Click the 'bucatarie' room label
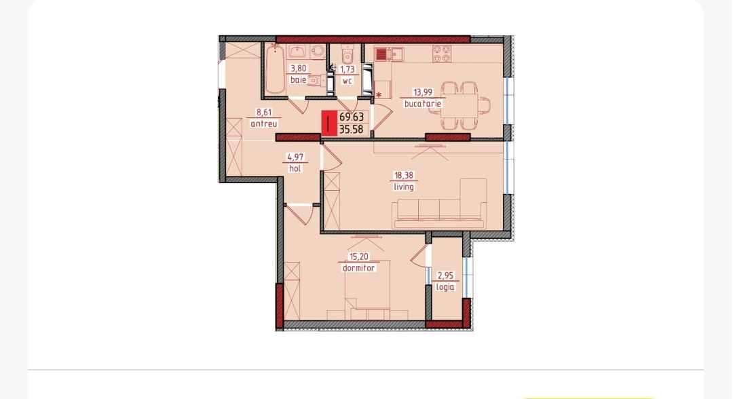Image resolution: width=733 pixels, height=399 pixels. point(423,104)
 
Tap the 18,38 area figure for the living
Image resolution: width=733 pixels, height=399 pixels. point(404,176)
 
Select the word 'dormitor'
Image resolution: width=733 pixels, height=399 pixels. point(358,268)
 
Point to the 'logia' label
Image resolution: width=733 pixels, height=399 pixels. point(445,287)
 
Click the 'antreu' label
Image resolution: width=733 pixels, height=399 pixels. point(263,123)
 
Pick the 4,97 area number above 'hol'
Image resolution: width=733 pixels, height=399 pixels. point(295,157)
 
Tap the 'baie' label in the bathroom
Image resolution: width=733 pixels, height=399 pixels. point(298,80)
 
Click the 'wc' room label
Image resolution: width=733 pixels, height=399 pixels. point(347,81)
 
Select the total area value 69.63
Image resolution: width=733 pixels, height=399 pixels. point(352,117)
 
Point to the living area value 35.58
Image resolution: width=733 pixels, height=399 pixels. point(351,130)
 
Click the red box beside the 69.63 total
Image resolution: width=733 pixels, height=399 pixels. point(329,123)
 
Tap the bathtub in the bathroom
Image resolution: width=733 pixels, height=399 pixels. point(275,70)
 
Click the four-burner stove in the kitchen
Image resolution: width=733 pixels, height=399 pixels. point(442,54)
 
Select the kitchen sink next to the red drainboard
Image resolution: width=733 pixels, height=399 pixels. point(397,54)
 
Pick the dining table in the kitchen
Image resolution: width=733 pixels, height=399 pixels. point(459,105)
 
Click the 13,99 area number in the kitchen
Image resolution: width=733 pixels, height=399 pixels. point(422,92)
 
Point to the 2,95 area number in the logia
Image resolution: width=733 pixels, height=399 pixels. point(445,275)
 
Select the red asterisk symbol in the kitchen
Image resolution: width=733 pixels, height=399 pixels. point(379,95)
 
